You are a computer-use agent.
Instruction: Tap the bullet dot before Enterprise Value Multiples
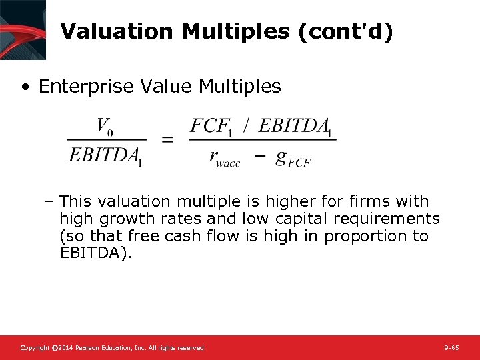(25, 87)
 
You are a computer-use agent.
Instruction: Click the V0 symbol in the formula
(105, 125)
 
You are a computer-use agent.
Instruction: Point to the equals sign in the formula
(168, 140)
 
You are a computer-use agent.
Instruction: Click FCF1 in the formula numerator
(212, 126)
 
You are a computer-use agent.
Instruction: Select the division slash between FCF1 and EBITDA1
(247, 125)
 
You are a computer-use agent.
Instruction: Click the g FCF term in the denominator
(293, 158)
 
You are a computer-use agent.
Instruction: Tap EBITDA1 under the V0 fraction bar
(105, 156)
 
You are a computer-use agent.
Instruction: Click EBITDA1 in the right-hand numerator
(295, 126)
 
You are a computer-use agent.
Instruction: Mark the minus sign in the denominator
(260, 156)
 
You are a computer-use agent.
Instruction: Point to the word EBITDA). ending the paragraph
(96, 253)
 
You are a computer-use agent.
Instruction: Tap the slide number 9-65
(451, 348)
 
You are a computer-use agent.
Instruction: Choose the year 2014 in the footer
(63, 348)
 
